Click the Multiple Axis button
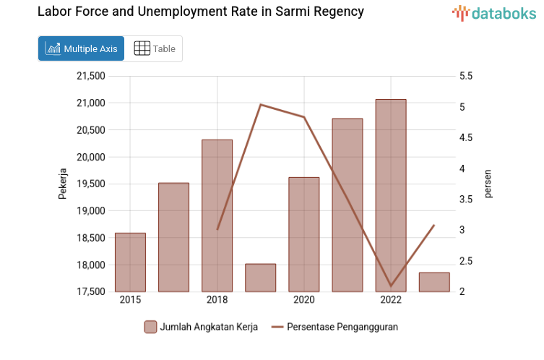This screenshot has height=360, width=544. coord(81,48)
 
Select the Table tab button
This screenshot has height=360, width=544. coord(155,48)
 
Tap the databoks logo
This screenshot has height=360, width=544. coord(494,12)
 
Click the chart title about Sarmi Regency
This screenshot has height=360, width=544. coord(200,12)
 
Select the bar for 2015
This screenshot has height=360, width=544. coord(130,262)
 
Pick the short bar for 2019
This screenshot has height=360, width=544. coord(260,278)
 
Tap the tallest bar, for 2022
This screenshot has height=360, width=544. coord(391,195)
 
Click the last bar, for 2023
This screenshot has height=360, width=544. coord(434,282)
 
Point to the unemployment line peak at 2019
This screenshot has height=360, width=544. coord(260,105)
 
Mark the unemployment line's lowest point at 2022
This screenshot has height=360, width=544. coord(391,286)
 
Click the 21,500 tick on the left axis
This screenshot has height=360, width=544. coord(90,76)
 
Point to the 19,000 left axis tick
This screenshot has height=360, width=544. coord(90,210)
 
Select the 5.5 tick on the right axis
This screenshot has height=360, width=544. coord(466,76)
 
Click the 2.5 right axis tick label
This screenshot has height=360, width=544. coord(466,261)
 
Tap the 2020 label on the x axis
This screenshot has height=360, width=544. coord(303,300)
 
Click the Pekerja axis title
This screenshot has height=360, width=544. coord(62,184)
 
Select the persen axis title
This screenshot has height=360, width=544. coord(488,184)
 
